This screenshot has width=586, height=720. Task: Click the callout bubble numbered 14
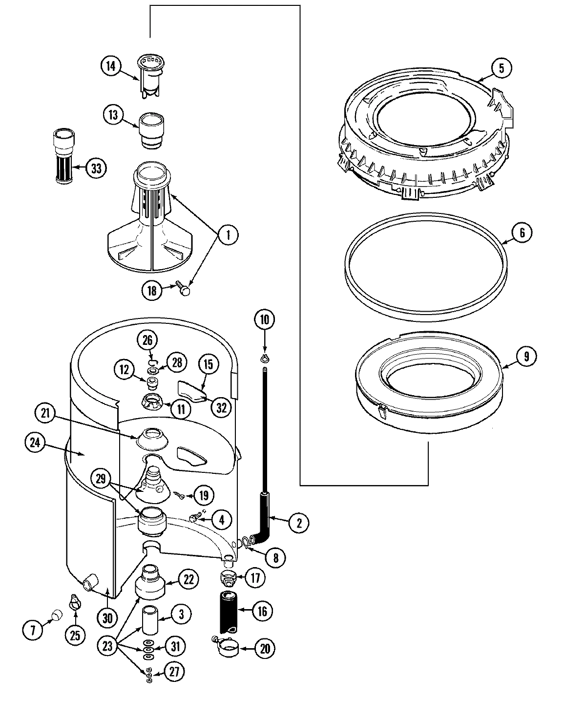(111, 66)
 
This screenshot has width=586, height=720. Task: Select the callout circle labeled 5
(502, 68)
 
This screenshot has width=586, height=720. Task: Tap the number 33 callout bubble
(96, 169)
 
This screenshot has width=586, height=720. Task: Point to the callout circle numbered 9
(526, 357)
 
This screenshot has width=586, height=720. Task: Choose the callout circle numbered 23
(108, 647)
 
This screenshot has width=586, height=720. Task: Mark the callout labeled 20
(265, 649)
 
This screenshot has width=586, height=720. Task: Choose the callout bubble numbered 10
(264, 320)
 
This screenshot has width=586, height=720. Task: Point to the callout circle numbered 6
(522, 233)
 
